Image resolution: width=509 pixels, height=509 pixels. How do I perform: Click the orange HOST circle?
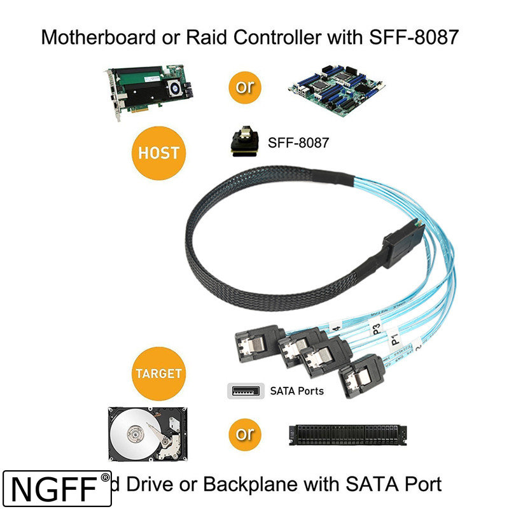click(x=158, y=153)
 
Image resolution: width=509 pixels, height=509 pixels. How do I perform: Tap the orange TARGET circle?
click(x=158, y=373)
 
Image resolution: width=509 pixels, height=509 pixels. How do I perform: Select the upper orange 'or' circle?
click(x=245, y=87)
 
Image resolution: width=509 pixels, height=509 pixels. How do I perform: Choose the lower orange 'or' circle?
click(x=245, y=435)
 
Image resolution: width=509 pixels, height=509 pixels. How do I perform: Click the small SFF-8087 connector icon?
click(x=245, y=141)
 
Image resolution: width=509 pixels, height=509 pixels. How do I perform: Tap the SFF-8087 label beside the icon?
click(x=298, y=143)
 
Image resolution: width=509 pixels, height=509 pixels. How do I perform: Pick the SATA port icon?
click(x=246, y=390)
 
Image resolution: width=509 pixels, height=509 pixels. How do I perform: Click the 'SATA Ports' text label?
click(x=296, y=391)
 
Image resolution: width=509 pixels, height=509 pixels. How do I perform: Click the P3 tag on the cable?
click(x=377, y=328)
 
